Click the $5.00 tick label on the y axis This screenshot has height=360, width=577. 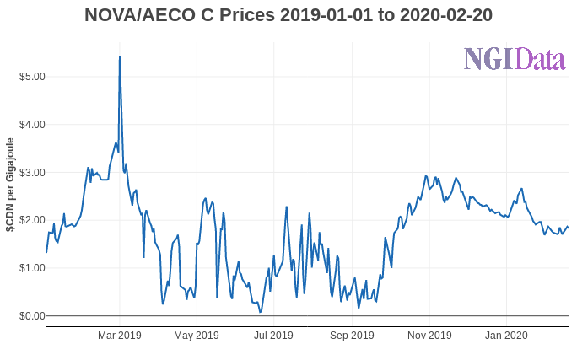click(32, 77)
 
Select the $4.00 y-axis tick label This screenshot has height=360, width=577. click(32, 125)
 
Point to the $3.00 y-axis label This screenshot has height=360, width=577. click(32, 172)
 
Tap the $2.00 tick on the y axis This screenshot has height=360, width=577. click(32, 220)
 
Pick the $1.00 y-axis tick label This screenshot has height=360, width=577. click(32, 268)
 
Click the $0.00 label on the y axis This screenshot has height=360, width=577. click(32, 316)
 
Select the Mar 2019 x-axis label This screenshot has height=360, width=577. click(120, 336)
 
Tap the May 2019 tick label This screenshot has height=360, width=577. click(197, 336)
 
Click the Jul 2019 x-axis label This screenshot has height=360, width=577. click(273, 336)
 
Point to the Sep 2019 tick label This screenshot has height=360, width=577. click(352, 336)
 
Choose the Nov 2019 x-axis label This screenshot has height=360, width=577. click(429, 336)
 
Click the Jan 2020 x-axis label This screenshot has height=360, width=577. click(506, 336)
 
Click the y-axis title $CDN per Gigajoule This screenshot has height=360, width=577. click(10, 185)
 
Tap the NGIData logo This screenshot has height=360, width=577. click(514, 59)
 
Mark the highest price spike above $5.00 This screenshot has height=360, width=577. click(120, 57)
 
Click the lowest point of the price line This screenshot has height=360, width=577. click(260, 312)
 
